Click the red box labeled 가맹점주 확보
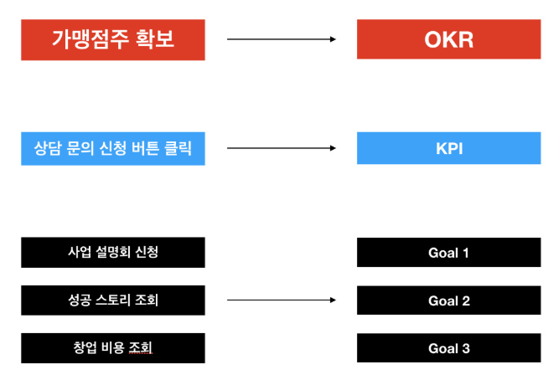point(113,40)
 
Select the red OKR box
point(449,39)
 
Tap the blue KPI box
point(449,148)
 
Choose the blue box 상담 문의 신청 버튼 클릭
point(113,148)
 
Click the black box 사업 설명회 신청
point(113,252)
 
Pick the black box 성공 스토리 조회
point(113,300)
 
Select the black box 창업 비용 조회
point(113,348)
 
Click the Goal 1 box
point(449,252)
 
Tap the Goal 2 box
point(449,300)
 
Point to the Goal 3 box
point(449,348)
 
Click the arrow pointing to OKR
point(282,39)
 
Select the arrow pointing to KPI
point(282,148)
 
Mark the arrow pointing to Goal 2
point(282,300)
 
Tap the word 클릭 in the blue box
point(178,148)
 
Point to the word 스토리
point(113,300)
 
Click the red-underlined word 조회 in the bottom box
point(141,347)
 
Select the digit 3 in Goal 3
point(466,348)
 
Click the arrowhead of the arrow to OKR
point(333,39)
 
